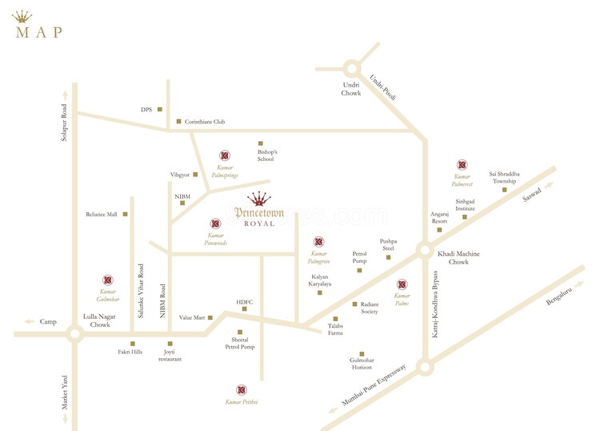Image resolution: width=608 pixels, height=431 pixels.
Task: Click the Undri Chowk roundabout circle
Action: click(x=352, y=70)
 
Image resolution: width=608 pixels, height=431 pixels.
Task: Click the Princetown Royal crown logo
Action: click(x=258, y=199)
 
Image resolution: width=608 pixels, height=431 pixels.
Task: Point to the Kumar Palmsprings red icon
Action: click(x=225, y=155)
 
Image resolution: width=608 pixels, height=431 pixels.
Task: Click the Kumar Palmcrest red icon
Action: click(x=462, y=165)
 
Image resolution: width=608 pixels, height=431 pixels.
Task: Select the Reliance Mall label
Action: click(x=102, y=215)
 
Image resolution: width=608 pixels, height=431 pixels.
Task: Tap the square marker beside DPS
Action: click(x=160, y=109)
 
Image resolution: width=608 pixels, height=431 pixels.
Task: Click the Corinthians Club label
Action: click(x=205, y=122)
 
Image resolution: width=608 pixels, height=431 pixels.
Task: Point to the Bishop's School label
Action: click(x=266, y=155)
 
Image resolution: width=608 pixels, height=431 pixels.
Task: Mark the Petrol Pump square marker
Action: click(x=359, y=270)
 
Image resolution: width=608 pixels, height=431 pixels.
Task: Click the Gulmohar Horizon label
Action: click(x=362, y=365)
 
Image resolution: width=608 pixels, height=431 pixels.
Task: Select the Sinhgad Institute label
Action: click(x=466, y=204)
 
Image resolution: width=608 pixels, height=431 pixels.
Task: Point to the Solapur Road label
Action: click(x=65, y=123)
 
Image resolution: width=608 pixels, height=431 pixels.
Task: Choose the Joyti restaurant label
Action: click(x=170, y=356)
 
